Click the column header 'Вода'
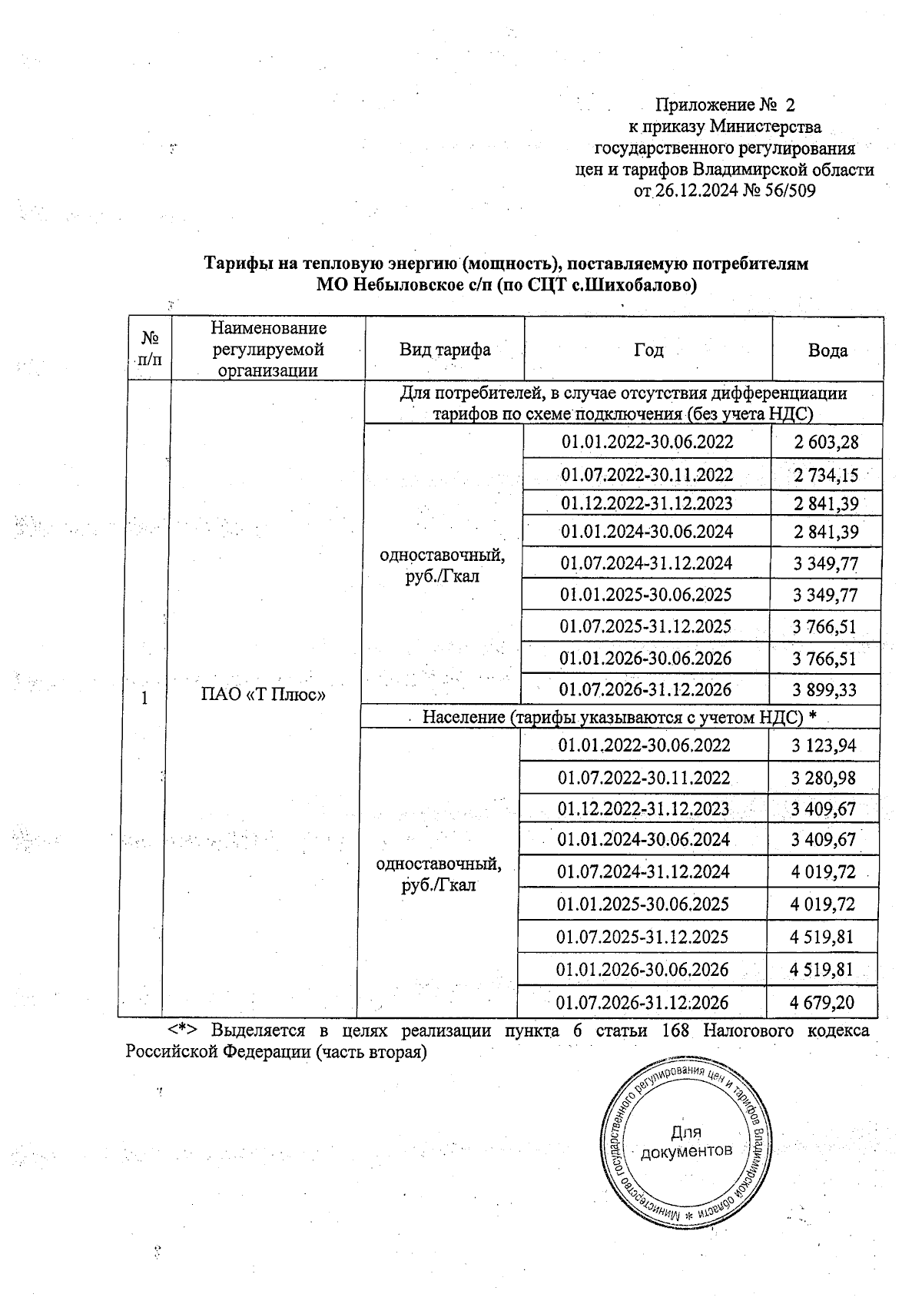point(827,350)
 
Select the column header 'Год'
point(648,350)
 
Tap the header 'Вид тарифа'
point(444,350)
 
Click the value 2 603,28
point(826,442)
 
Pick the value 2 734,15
point(826,475)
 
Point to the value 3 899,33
point(824,689)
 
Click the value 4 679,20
point(822,1002)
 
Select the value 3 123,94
point(824,745)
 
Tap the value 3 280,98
point(824,778)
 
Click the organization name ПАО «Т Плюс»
point(263,696)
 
